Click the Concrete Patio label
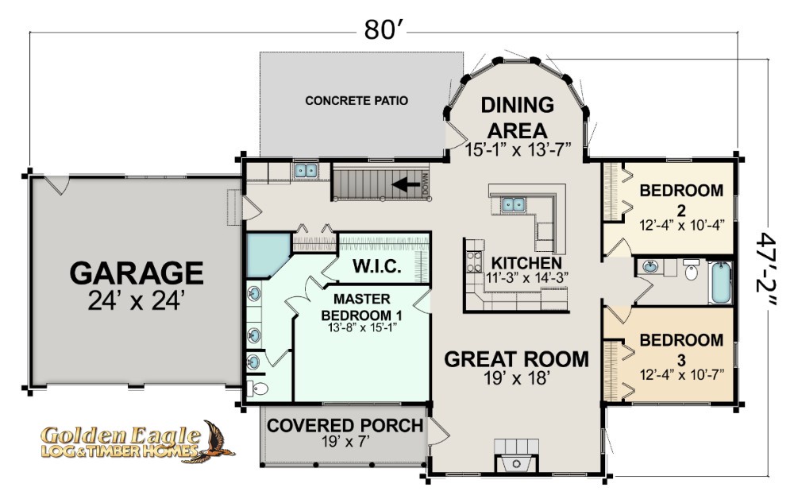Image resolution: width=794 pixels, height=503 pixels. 357,100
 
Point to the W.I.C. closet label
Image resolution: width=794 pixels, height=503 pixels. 376,266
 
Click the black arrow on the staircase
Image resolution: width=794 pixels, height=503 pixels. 406,184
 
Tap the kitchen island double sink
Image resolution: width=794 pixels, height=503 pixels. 514,204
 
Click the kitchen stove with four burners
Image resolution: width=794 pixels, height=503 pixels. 474,262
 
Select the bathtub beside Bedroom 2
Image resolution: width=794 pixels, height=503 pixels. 720,282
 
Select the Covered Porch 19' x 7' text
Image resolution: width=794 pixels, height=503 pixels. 345,432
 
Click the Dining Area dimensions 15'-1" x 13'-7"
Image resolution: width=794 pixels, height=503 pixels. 518,150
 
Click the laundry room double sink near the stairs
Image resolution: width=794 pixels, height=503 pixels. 306,170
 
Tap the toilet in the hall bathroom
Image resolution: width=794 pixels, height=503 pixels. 691,270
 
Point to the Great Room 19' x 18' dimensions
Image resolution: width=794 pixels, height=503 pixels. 517,378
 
